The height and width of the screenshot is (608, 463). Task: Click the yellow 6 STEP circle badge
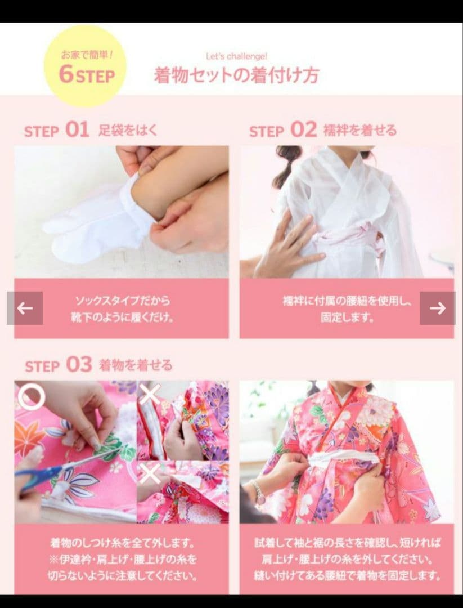tap(86, 66)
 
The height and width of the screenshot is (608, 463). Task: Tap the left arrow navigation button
tap(25, 308)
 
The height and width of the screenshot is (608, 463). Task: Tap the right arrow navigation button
tap(437, 308)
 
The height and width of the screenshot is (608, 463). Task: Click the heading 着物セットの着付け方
tap(236, 75)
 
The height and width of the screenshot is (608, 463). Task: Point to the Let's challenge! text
tap(236, 56)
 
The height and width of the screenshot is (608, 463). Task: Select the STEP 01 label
tap(57, 131)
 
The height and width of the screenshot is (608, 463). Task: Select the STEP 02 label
tap(283, 131)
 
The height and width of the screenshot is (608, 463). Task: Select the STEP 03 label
tap(58, 365)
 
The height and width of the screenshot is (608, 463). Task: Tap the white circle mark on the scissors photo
tap(31, 397)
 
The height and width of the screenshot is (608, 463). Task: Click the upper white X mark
tap(150, 394)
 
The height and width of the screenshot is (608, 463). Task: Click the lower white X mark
tap(150, 474)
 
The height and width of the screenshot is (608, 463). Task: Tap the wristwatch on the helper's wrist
tap(260, 492)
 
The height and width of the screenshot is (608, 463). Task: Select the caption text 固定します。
tap(347, 318)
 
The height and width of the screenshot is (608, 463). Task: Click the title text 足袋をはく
tap(128, 131)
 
